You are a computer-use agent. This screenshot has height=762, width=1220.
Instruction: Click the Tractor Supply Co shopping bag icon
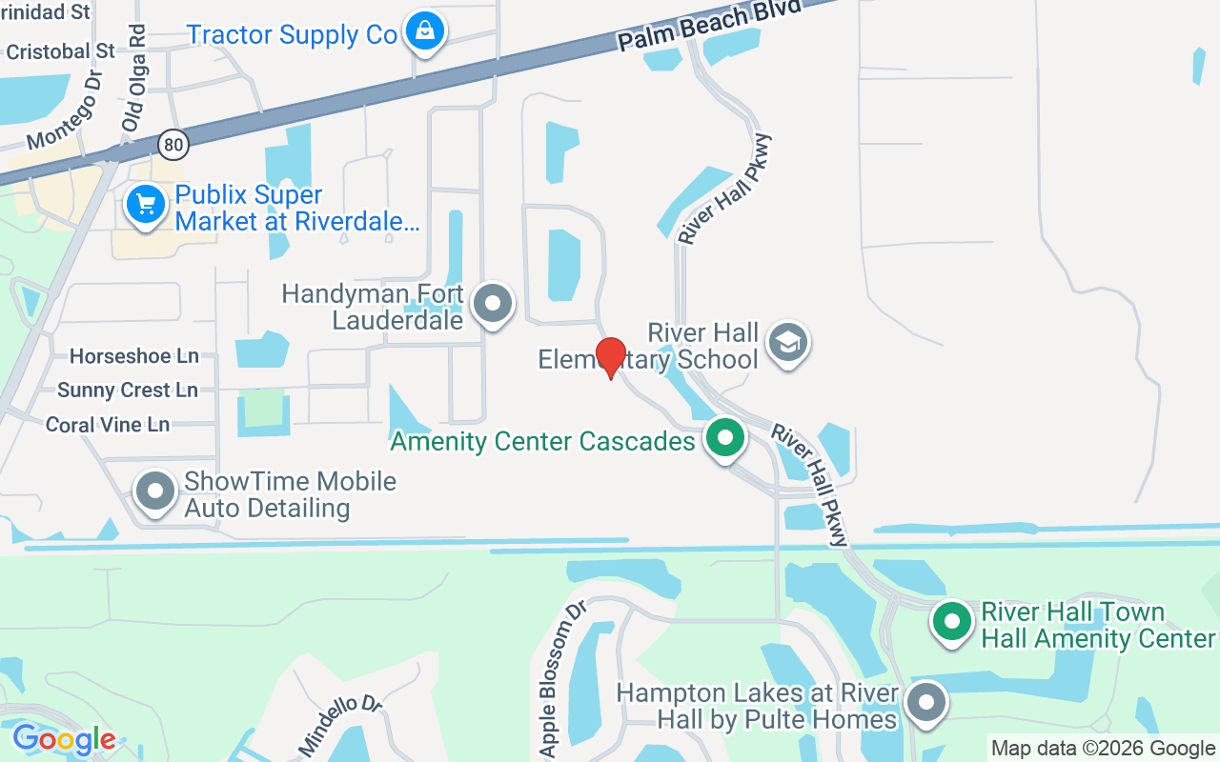click(424, 32)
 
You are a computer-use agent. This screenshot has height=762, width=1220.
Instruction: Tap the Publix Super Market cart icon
click(146, 204)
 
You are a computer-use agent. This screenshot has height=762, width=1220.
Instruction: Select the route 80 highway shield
click(173, 145)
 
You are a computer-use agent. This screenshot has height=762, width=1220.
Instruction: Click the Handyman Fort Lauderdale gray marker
click(493, 304)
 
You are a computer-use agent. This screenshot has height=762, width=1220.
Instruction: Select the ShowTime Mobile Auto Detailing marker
click(155, 492)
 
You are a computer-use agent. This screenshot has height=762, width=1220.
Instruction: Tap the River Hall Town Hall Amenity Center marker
click(951, 622)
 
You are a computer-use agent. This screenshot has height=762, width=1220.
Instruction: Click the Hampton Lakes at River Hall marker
click(925, 704)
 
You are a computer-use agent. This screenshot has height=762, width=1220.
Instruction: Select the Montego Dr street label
click(65, 111)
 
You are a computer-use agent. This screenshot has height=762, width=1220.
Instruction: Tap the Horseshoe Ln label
click(134, 356)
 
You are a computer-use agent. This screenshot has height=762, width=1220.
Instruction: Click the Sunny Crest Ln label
click(128, 391)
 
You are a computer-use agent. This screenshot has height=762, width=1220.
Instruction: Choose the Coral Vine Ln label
click(108, 425)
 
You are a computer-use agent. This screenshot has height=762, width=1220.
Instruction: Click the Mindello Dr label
click(340, 726)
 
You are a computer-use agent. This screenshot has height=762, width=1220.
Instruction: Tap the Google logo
click(64, 739)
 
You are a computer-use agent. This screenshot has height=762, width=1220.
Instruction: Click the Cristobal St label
click(60, 51)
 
